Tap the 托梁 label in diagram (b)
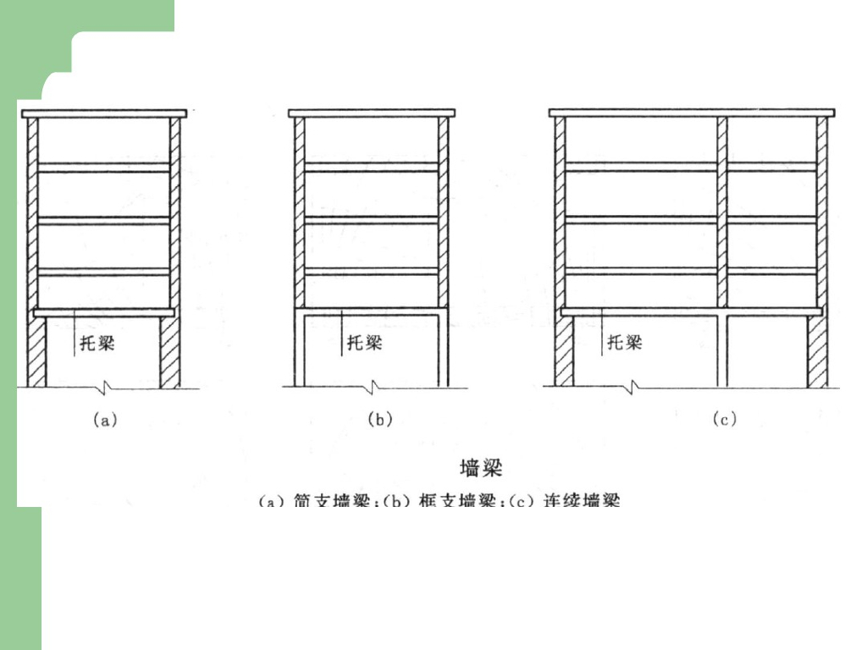click(365, 343)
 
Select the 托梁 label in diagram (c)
click(625, 343)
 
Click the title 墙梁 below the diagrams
click(480, 467)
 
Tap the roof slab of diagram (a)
click(104, 113)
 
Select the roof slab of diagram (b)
click(372, 113)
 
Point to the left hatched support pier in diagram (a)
click(36, 352)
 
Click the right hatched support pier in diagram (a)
click(170, 352)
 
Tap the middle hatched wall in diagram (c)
click(722, 212)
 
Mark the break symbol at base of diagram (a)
click(103, 388)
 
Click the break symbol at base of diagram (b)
click(372, 388)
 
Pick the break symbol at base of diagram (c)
click(632, 388)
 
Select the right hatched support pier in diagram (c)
click(817, 352)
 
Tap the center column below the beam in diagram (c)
click(722, 351)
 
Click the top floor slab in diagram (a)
click(104, 168)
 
